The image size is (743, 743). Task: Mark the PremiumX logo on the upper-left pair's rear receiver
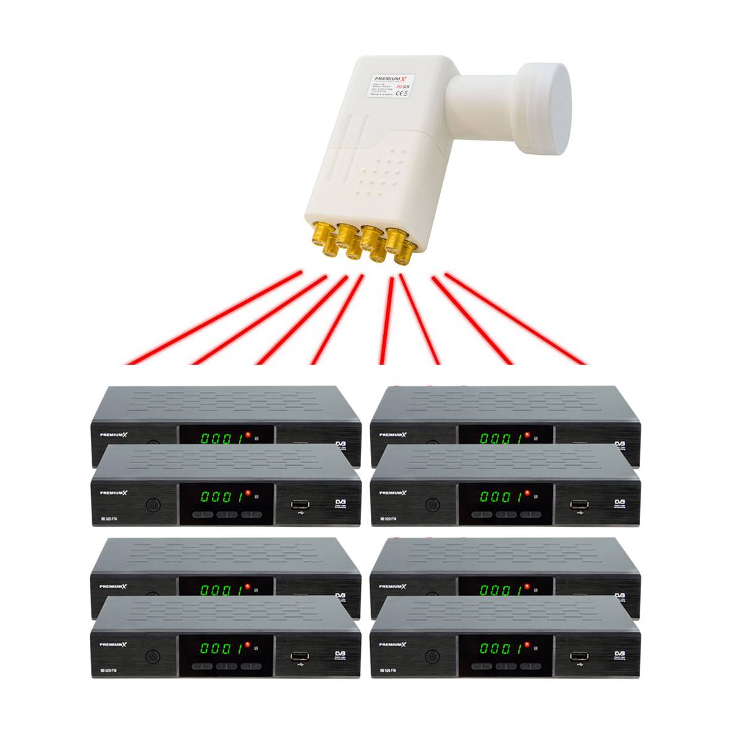pos(114,435)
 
